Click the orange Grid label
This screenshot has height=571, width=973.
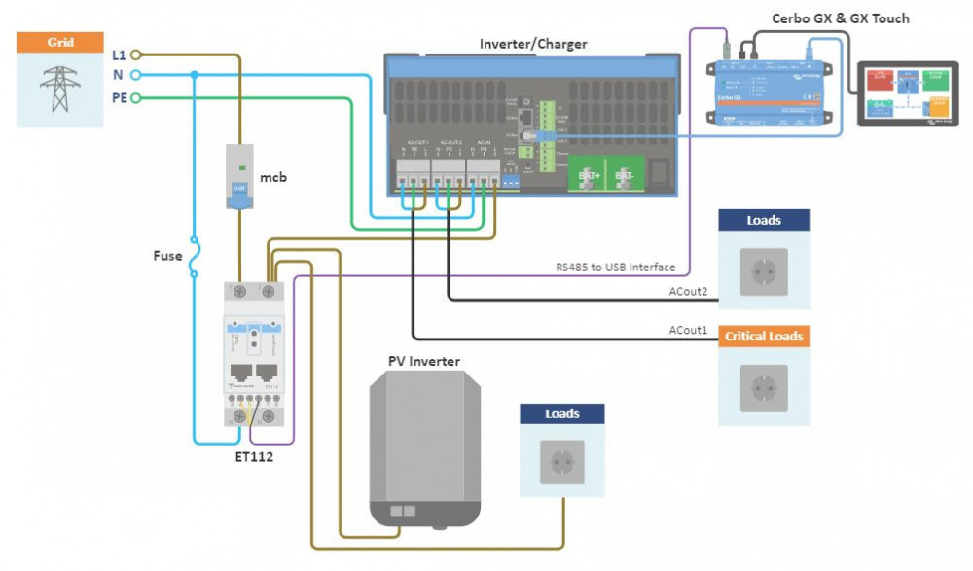click(60, 43)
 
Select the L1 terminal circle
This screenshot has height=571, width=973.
click(135, 55)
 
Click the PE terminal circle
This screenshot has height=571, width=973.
click(135, 98)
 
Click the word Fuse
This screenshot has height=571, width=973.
click(167, 256)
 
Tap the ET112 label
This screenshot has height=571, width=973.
click(254, 456)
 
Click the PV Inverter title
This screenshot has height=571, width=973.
click(424, 362)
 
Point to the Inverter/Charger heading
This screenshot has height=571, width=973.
click(533, 44)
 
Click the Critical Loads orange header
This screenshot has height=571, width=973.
click(764, 337)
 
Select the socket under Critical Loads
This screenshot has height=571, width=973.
click(764, 386)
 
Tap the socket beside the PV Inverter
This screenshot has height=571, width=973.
click(562, 463)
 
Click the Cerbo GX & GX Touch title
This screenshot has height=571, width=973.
click(841, 18)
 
